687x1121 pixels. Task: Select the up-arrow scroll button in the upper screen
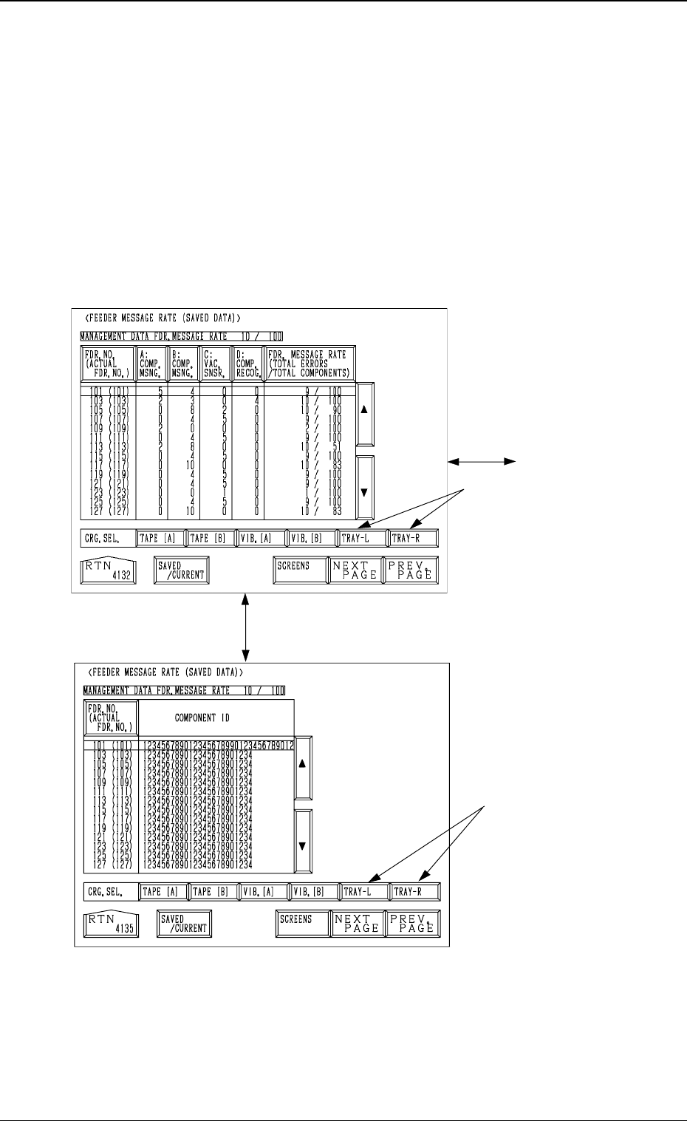tap(364, 415)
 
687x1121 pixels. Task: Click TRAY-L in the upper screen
tap(362, 538)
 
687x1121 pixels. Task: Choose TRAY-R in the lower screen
tap(414, 892)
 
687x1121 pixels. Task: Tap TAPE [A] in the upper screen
tap(160, 538)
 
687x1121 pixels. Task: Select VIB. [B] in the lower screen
tap(312, 892)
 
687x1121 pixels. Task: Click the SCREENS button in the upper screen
tap(299, 570)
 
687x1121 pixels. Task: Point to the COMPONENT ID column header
tap(216, 718)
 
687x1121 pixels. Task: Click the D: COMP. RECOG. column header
tap(247, 364)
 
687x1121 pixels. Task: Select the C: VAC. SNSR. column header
tap(215, 364)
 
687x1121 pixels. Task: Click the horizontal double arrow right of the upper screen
tap(482, 461)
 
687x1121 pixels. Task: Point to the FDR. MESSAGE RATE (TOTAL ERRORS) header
tap(310, 364)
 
